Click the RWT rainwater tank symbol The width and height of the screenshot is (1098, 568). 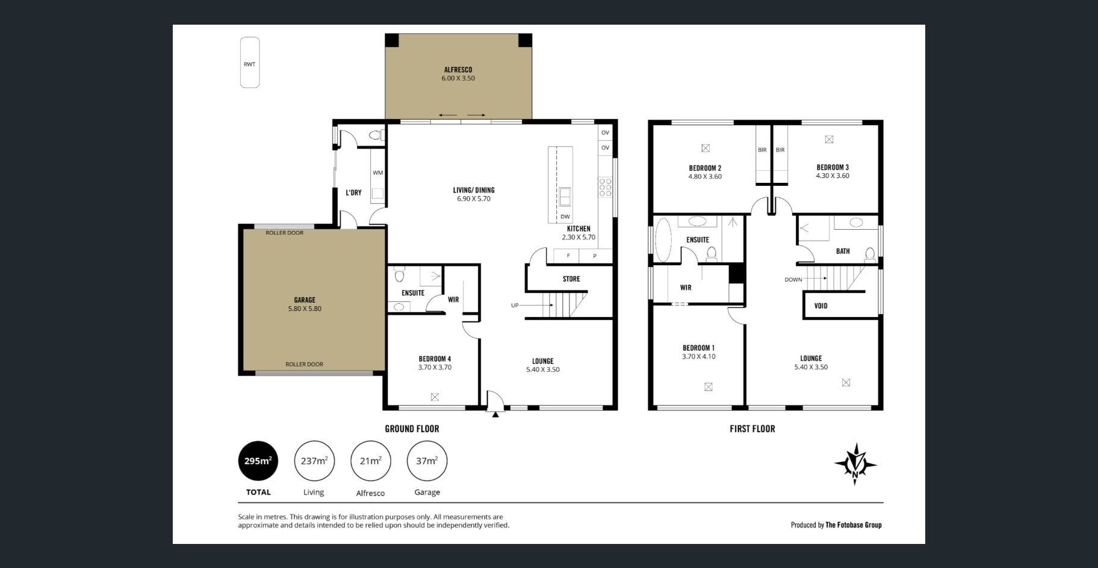coord(250,63)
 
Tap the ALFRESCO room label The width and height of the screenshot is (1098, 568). coord(458,70)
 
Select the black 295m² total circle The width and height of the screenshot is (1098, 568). coord(258,461)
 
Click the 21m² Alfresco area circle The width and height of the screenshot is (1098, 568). coord(371,461)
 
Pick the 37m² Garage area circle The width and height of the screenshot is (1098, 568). coord(427,461)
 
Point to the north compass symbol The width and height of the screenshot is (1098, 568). coord(855,464)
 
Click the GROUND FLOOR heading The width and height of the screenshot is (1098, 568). coord(412,429)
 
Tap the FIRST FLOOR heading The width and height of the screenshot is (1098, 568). coord(752,429)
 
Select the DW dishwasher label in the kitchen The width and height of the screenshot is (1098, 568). coord(565,217)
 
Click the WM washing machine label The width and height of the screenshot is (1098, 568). coord(377,173)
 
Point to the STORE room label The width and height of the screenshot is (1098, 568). coord(571,279)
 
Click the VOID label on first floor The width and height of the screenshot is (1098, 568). coord(820,306)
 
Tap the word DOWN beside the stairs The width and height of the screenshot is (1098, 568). coord(793,280)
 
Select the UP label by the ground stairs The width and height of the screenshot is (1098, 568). coord(515,305)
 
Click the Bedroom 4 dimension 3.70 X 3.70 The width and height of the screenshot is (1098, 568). coord(435,367)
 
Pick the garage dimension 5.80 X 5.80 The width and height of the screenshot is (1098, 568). coord(305,309)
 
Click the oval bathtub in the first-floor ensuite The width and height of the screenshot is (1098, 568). coord(663,240)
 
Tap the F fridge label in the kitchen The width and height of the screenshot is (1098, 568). coord(568,256)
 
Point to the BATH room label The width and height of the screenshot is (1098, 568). coord(843,252)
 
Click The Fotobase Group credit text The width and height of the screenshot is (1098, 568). coord(853,525)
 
